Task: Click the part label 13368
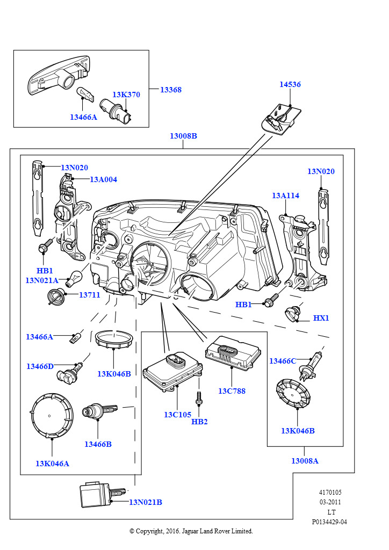click(x=170, y=90)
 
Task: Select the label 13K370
click(x=126, y=95)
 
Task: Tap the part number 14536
click(x=290, y=84)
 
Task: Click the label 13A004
click(x=103, y=179)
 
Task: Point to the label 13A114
click(x=285, y=196)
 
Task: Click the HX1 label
click(x=321, y=318)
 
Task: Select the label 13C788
click(x=232, y=390)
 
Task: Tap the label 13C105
click(x=178, y=415)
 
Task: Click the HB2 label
click(x=199, y=422)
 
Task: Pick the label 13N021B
click(x=145, y=502)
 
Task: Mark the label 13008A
click(x=305, y=461)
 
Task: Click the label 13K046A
click(x=52, y=464)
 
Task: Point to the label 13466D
click(x=40, y=366)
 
